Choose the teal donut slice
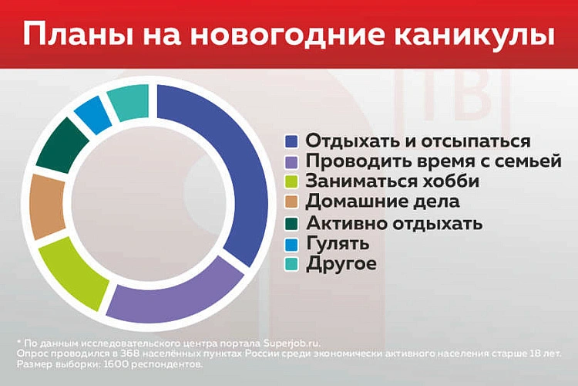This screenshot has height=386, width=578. click(128, 102)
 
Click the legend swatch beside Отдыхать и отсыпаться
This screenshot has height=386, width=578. click(291, 142)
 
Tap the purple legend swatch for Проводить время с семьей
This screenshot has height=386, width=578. click(291, 162)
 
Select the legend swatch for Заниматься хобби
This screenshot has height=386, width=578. click(291, 182)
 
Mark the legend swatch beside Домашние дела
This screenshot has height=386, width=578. click(291, 202)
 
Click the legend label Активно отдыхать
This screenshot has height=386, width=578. click(394, 224)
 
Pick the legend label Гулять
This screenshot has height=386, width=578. click(337, 244)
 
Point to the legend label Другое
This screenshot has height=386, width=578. click(341, 264)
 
